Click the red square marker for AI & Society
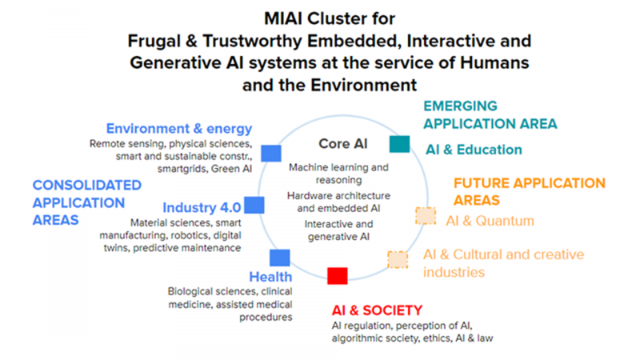[338, 276]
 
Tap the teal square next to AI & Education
[399, 144]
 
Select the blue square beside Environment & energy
[271, 154]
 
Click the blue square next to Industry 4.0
[254, 205]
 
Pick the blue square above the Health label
[280, 258]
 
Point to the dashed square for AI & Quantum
[426, 216]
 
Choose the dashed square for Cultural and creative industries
[398, 259]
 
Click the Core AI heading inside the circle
[343, 144]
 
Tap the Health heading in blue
[270, 277]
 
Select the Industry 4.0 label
[202, 207]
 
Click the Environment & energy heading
[179, 129]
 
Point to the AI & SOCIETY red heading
[377, 310]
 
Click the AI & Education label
[474, 150]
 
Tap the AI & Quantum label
[490, 221]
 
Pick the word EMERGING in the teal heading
[461, 106]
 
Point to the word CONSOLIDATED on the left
[87, 186]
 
